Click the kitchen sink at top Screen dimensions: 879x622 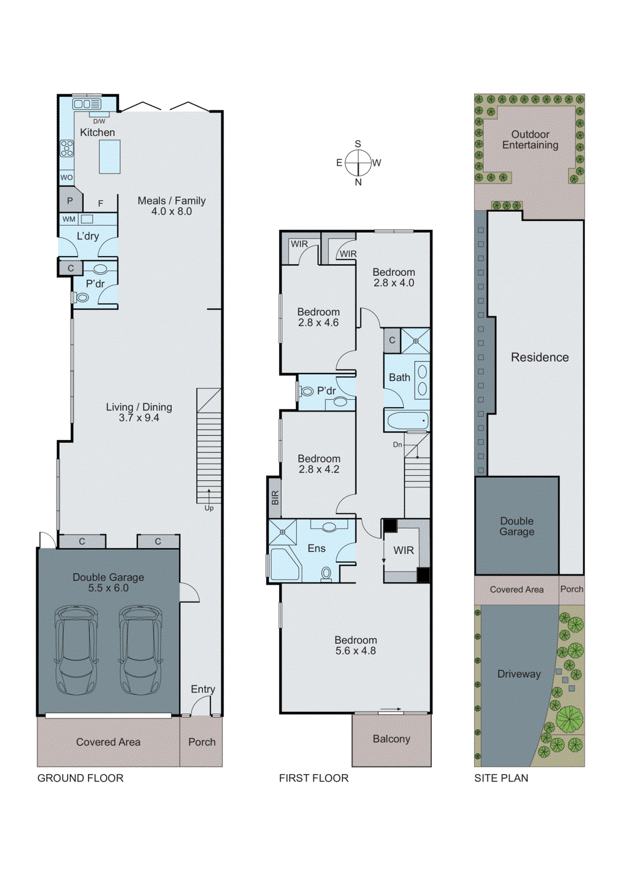(x=87, y=104)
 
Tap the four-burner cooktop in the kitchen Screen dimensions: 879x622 (x=67, y=148)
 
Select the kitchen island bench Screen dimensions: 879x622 (x=109, y=157)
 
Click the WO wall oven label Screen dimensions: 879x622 (x=66, y=177)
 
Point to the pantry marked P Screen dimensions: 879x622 (x=70, y=201)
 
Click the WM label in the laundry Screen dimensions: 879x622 (x=69, y=219)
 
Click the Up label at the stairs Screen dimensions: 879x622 (x=209, y=508)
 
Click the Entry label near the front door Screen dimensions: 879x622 (x=203, y=689)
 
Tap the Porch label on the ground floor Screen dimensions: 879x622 (x=202, y=742)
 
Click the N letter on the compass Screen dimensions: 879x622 (x=358, y=182)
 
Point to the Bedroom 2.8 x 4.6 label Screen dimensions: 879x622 (x=318, y=317)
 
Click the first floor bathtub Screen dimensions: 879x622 (x=407, y=421)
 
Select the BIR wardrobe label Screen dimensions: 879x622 (x=275, y=498)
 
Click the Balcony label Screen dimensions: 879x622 (x=391, y=739)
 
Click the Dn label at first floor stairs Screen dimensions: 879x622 (x=397, y=444)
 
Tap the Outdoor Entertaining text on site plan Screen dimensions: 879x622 (x=530, y=140)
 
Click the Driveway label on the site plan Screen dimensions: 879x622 (x=519, y=674)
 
